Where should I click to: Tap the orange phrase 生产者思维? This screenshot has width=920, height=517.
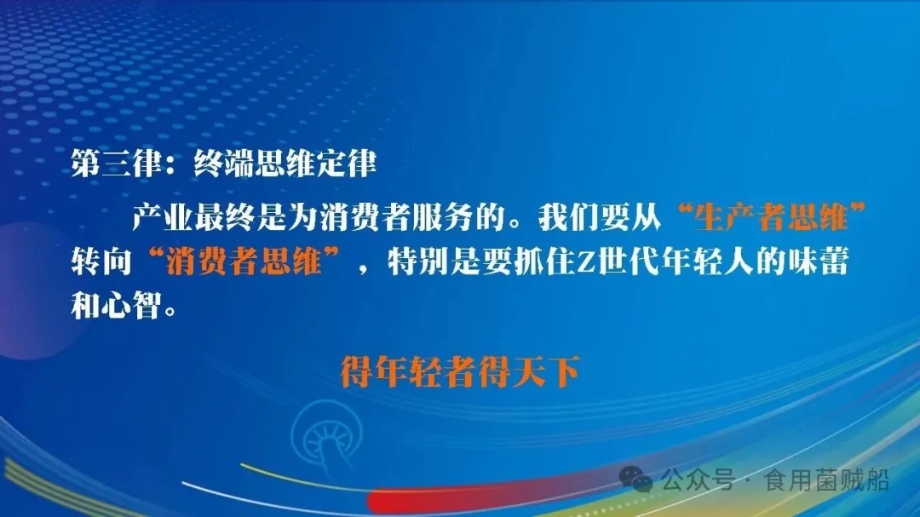point(773,219)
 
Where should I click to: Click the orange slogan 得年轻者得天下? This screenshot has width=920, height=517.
point(460,372)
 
